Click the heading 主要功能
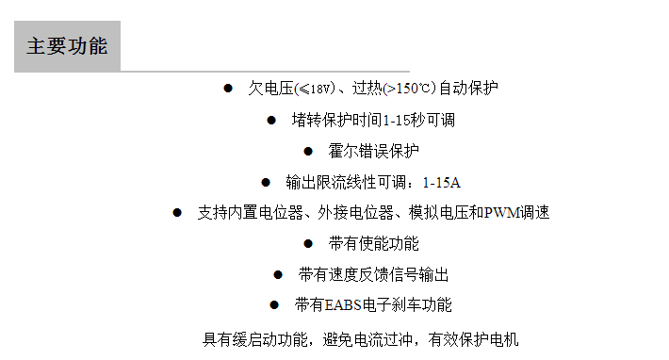[x=67, y=46]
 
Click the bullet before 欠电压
[x=228, y=89]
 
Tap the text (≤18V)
[x=315, y=89]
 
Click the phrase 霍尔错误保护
[x=374, y=151]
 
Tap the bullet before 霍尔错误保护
[x=308, y=151]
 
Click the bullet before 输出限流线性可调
[x=266, y=182]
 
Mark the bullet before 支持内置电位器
[x=177, y=213]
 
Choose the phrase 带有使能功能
[x=374, y=244]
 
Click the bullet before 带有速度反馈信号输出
[x=278, y=275]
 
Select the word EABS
[x=344, y=305]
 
